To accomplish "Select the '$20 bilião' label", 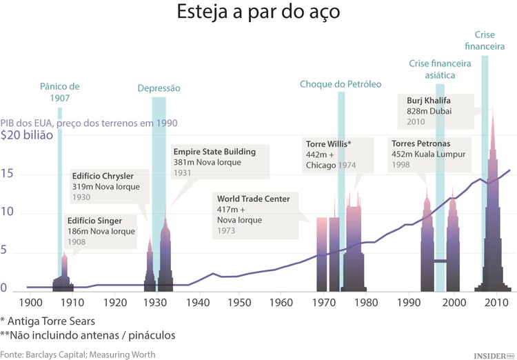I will [26, 135].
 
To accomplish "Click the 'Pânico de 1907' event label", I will [60, 92].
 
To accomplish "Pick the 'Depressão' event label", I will [159, 88].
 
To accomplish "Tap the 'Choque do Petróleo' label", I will [340, 84].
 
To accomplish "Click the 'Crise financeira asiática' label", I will [440, 69].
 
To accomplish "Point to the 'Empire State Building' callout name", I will [214, 152].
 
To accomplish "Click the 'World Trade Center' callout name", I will [253, 199].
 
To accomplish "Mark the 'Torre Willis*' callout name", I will [328, 143].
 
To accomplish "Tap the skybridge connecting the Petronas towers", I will [439, 261].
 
